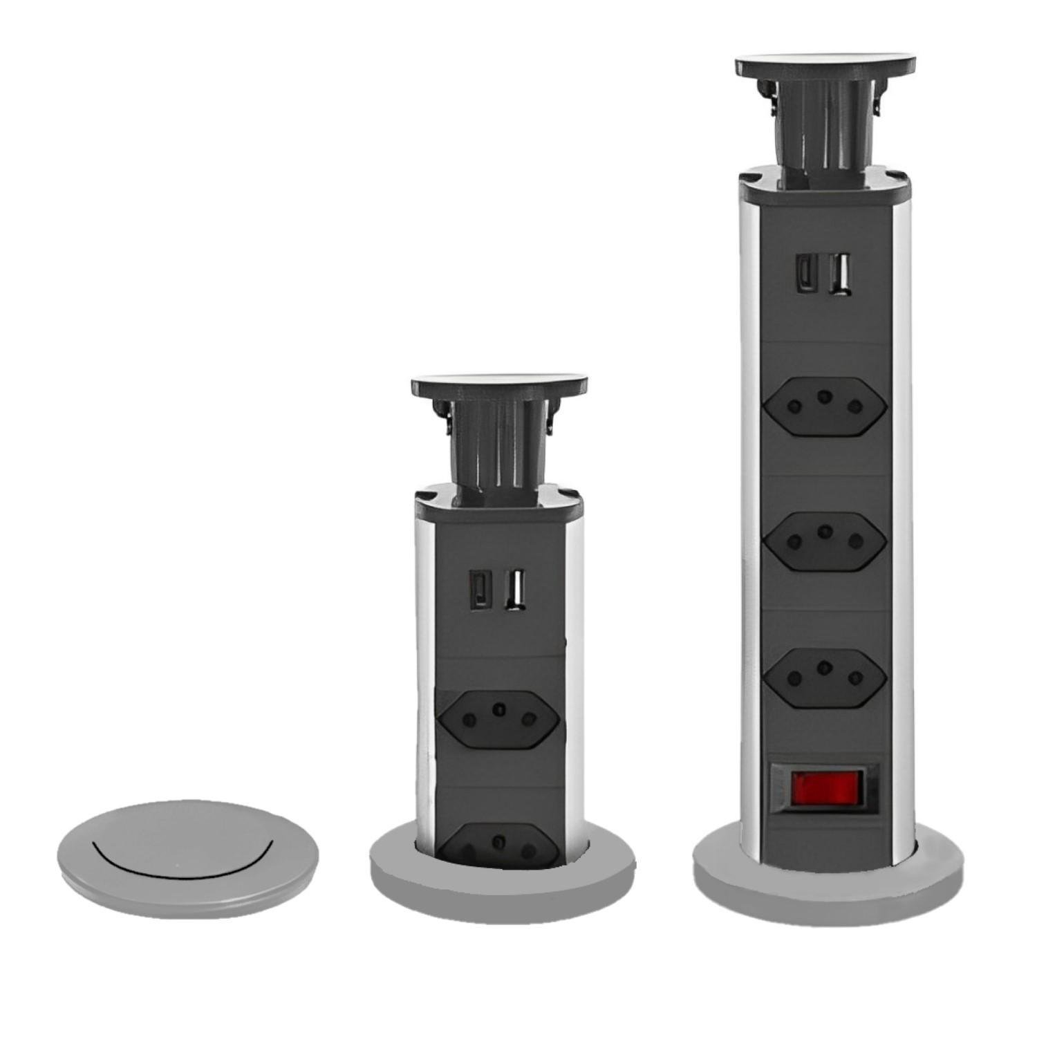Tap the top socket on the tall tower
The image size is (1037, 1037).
point(825,404)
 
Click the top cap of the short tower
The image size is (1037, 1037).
point(499,385)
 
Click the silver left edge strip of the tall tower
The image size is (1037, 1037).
point(750,518)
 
